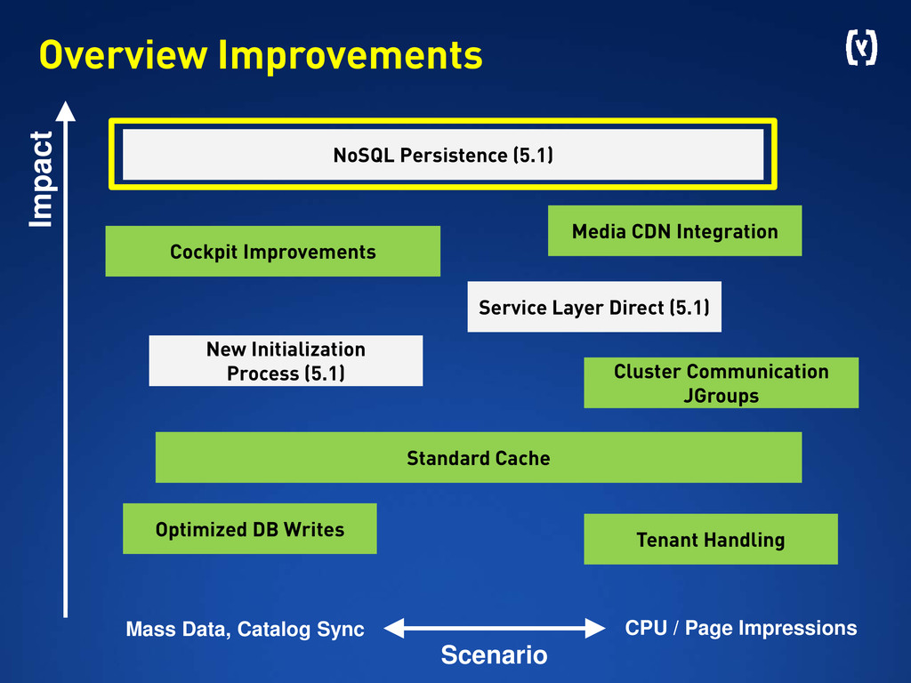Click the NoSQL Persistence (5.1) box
click(443, 155)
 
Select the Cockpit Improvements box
click(272, 251)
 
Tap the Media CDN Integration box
click(674, 230)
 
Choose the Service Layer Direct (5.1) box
click(594, 307)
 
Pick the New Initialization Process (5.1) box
click(286, 361)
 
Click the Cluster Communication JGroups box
click(721, 382)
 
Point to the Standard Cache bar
click(479, 457)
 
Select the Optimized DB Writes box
click(250, 528)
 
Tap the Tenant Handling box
click(711, 539)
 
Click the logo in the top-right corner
click(861, 48)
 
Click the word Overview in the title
click(123, 55)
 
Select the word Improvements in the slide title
click(351, 55)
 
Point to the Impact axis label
click(41, 179)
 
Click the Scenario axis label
click(494, 655)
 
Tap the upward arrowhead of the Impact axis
click(66, 111)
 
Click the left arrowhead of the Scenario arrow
click(394, 628)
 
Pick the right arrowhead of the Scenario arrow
click(595, 628)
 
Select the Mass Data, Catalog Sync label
click(246, 629)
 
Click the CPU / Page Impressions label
click(741, 628)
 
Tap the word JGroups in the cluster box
click(721, 396)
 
